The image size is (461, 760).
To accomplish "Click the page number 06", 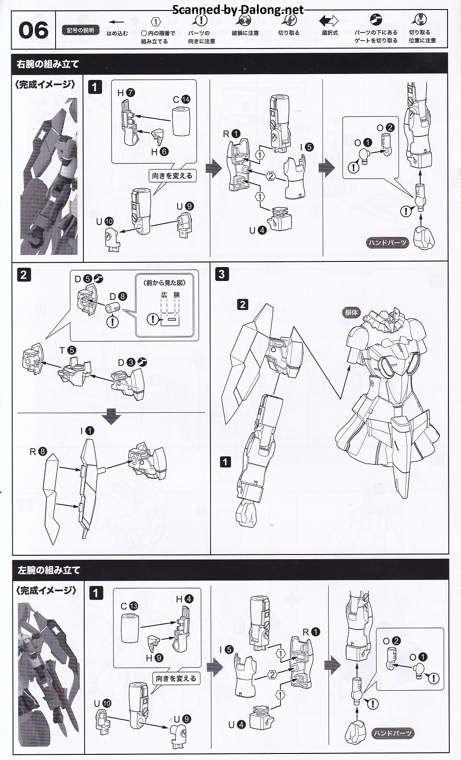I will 33,30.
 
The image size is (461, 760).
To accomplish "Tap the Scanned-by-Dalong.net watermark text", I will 238,9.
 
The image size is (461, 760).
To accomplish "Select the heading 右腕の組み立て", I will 48,64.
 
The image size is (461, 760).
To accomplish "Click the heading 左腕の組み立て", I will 49,570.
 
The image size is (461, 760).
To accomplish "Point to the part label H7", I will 126,93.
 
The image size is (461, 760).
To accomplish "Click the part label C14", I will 181,99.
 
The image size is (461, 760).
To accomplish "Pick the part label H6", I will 159,152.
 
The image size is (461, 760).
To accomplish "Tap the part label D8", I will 118,297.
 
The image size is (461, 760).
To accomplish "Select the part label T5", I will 68,350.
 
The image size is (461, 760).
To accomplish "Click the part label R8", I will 38,451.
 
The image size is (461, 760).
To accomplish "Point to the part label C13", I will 129,606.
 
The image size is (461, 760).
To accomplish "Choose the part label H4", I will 184,599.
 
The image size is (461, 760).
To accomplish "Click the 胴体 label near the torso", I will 351,312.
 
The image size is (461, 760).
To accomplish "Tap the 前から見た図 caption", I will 165,283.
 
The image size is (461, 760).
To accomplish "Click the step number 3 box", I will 222,274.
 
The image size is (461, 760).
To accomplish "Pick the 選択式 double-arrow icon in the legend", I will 329,21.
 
